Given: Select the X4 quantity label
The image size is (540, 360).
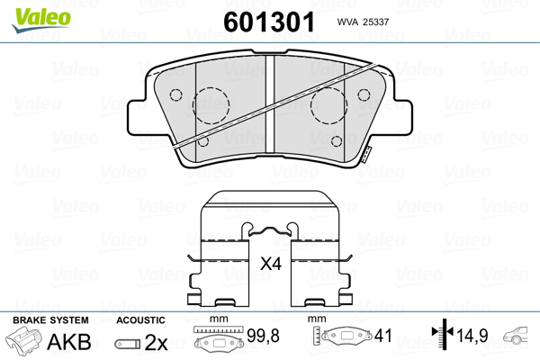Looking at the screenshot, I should (270, 265).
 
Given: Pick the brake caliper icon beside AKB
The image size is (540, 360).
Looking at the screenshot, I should (26, 342).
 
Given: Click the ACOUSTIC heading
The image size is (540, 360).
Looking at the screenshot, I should (141, 320).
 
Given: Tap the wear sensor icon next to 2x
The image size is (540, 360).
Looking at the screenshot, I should (128, 343).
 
